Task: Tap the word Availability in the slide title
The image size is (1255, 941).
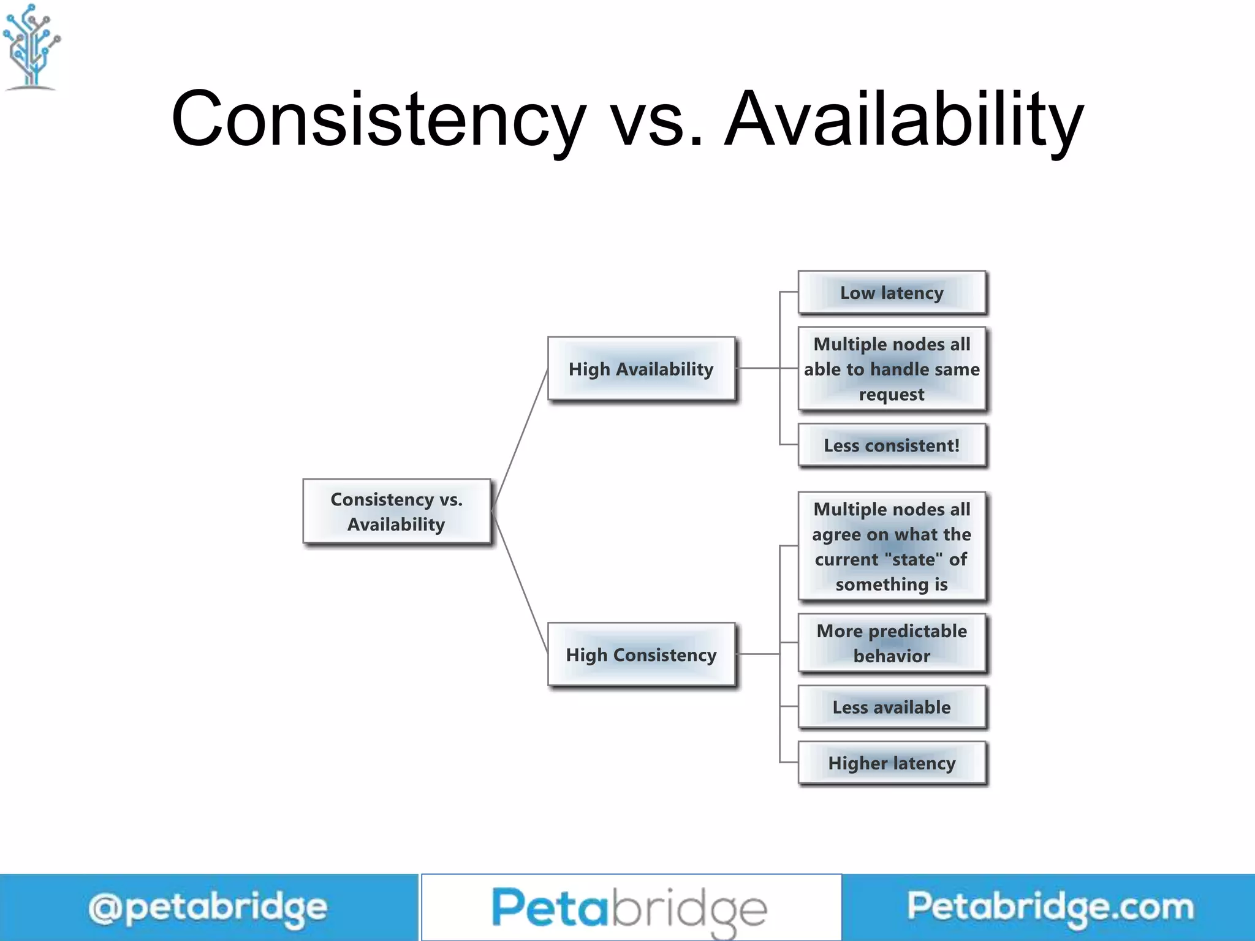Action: coord(904,119)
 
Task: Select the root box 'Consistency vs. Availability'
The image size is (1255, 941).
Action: coord(396,512)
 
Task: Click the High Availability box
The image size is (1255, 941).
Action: coord(641,369)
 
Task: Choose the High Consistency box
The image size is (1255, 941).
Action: coord(641,654)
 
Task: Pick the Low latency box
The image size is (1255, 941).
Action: coord(892,293)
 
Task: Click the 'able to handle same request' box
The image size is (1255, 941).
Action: coord(892,369)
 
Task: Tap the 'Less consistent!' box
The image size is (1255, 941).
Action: coord(892,445)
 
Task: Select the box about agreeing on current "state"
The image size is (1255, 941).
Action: coord(892,546)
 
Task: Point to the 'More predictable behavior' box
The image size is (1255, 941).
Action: coord(892,643)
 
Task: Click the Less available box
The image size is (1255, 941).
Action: coord(892,707)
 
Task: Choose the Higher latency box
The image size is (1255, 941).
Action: coord(892,763)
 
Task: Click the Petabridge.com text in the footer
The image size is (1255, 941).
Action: coord(1050,907)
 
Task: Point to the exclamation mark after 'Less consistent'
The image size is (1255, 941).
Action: coord(957,445)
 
